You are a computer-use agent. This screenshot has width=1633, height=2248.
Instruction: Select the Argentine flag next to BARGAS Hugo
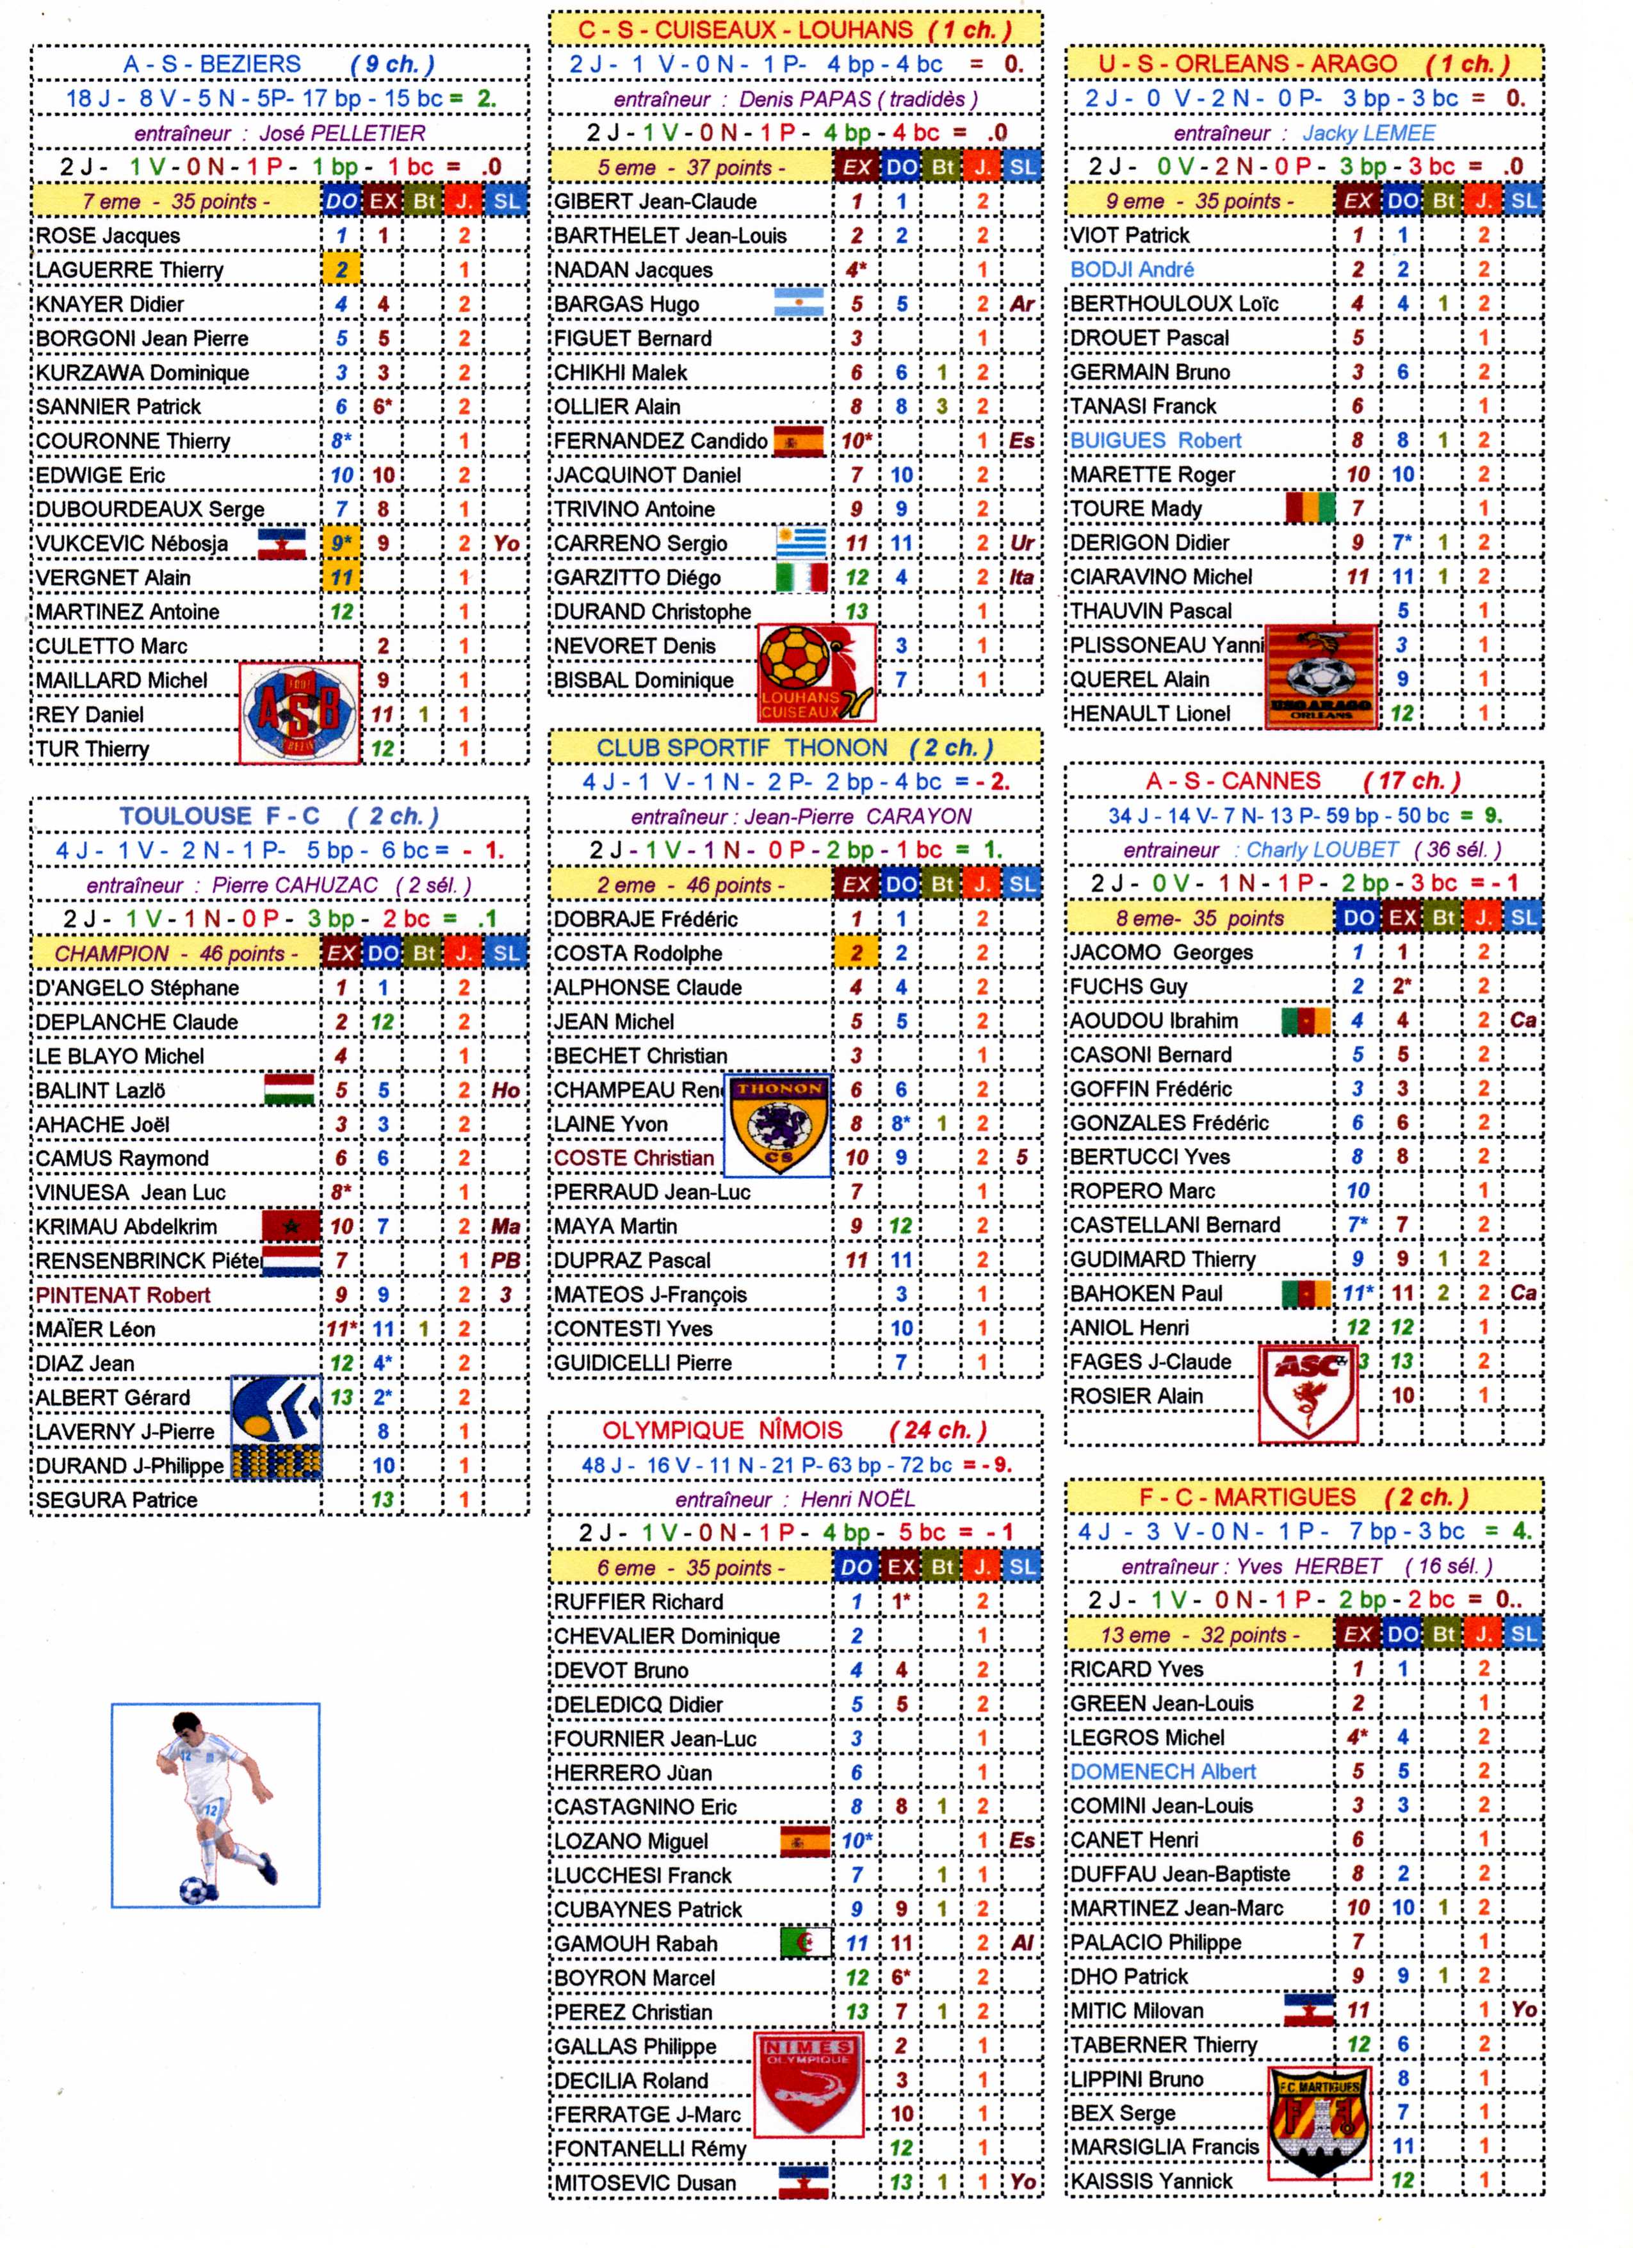pos(799,303)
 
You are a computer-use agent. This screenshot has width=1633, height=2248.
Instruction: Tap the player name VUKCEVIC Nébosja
pos(132,544)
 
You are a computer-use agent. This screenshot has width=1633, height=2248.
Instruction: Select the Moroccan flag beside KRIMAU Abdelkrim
pos(291,1226)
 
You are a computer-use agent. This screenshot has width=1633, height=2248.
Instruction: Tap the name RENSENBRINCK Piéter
pos(149,1261)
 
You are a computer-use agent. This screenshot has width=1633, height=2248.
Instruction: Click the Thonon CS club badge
pos(777,1124)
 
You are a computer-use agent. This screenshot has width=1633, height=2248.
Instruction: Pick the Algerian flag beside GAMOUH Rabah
pos(804,1942)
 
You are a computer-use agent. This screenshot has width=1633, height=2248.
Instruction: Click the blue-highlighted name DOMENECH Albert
pos(1162,1771)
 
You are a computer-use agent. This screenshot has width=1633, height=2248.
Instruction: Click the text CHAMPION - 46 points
pos(175,953)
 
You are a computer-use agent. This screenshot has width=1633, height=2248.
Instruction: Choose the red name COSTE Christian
pos(633,1158)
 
